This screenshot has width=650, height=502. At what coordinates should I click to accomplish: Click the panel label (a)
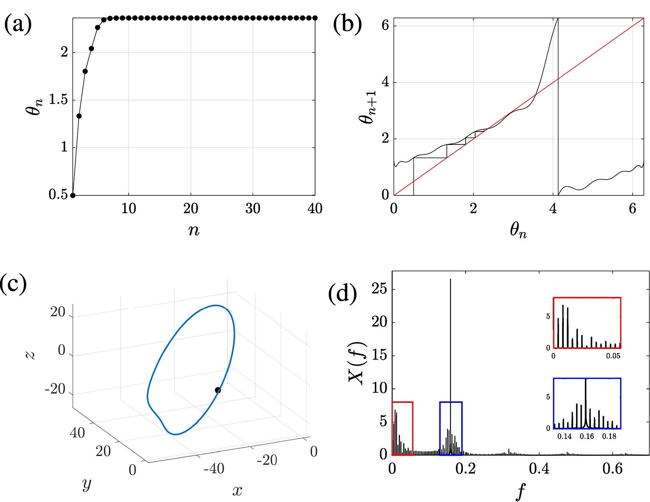point(18,24)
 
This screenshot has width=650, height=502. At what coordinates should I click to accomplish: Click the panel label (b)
point(347,24)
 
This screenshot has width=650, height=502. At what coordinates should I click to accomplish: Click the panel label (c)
point(14,283)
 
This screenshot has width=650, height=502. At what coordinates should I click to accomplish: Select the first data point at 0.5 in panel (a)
point(73,195)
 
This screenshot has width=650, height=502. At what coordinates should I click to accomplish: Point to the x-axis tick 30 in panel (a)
point(253,209)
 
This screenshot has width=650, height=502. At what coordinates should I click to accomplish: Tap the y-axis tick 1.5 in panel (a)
point(59,100)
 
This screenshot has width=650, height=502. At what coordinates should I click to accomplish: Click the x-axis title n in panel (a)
point(194,231)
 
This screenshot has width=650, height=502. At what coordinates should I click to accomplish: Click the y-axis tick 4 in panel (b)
point(385,82)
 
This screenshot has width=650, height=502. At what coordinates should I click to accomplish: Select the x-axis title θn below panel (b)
point(518,231)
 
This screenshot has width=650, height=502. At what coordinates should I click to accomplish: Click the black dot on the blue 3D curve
point(218,390)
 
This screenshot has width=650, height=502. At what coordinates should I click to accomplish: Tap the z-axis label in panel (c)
point(31,354)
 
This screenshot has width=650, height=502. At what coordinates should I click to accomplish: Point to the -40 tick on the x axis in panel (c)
point(214,469)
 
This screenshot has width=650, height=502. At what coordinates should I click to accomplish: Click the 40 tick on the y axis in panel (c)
point(77,433)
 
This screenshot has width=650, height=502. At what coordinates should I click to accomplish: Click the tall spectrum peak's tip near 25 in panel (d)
point(450,279)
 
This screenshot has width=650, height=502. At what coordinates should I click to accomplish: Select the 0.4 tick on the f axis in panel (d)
point(539,469)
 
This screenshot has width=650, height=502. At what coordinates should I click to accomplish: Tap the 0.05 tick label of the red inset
point(613,356)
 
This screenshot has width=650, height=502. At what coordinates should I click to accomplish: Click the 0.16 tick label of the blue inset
point(587,436)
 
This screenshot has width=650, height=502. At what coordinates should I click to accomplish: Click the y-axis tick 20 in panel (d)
point(379,322)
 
